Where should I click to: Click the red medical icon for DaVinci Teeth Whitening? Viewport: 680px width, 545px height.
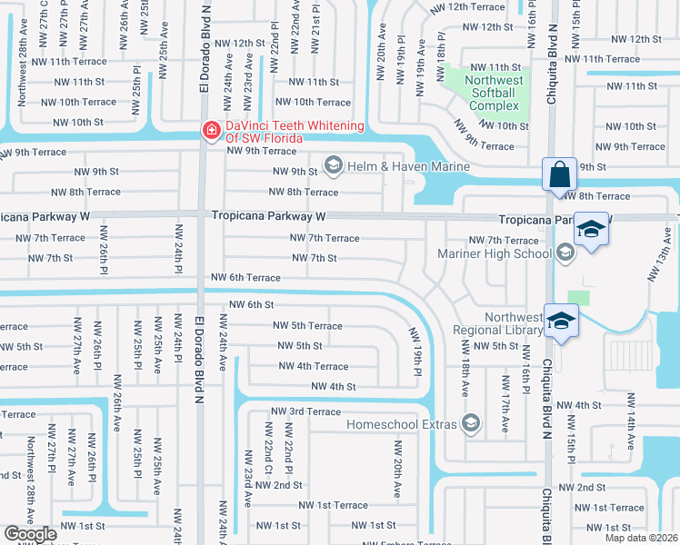click(x=211, y=131)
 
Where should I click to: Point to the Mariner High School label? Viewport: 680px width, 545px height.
click(x=495, y=253)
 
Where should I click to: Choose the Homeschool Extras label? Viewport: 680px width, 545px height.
click(x=401, y=423)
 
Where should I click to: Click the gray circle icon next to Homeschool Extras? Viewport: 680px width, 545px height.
click(x=471, y=422)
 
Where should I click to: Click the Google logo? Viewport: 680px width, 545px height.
click(x=31, y=534)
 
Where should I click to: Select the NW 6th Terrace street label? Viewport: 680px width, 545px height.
click(x=245, y=277)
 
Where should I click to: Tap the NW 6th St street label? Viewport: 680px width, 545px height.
click(x=252, y=305)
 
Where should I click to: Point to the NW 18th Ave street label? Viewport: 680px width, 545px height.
click(x=465, y=372)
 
